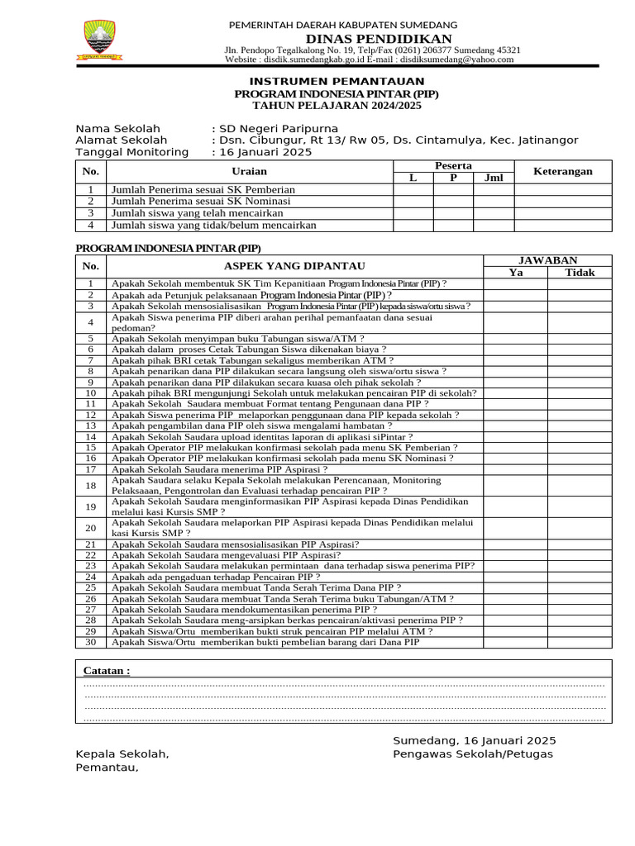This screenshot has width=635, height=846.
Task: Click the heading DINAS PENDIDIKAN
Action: click(379, 39)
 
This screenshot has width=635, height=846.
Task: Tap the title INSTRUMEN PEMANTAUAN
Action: click(337, 81)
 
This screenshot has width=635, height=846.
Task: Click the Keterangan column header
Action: click(563, 171)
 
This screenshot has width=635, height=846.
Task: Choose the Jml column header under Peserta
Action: click(494, 178)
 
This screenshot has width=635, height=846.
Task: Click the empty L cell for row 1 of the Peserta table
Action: click(413, 190)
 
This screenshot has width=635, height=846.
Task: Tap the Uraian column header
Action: click(250, 171)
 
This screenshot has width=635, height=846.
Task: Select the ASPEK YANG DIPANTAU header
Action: click(294, 266)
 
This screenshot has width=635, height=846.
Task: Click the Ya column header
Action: click(516, 273)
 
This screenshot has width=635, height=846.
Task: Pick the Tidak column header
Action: click(580, 273)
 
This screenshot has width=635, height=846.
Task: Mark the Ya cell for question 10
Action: click(516, 393)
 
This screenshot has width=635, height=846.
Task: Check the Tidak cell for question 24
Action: click(580, 577)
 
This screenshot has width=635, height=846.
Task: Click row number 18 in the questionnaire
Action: click(91, 485)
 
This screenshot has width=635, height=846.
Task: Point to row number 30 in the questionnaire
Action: click(91, 642)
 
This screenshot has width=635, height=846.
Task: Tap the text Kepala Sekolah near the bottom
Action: click(122, 754)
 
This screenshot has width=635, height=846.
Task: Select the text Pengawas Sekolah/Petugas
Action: click(473, 754)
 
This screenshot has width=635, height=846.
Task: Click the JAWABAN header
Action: click(547, 260)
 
